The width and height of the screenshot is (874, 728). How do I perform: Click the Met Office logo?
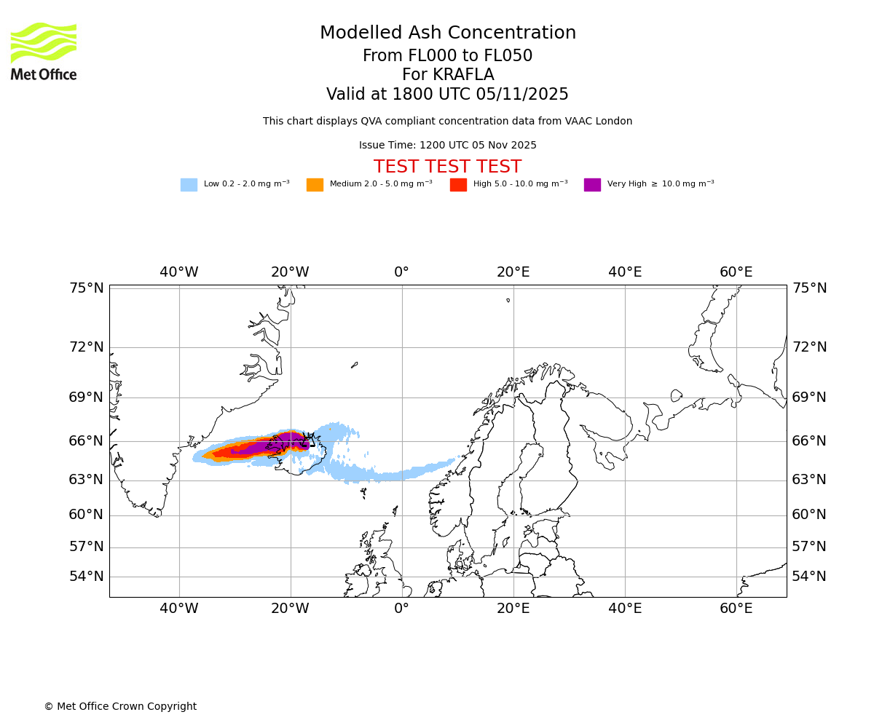pos(44,51)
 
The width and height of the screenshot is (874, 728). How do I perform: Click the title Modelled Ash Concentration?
pos(447,33)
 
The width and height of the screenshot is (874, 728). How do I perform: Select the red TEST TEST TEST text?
pos(447,167)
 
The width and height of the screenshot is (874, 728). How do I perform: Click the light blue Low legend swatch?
pos(189,185)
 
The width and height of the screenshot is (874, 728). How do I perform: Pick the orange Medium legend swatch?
pos(315,185)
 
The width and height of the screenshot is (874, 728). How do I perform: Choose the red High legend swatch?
pos(458,185)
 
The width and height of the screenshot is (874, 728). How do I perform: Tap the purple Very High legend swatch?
pos(592,185)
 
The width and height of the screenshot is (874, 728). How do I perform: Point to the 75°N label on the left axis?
pos(87,288)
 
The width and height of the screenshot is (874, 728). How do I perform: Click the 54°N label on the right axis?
pos(809,577)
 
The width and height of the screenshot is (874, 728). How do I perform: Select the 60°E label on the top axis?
pos(736,272)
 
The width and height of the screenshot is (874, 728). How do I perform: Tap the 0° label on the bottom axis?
pos(401,609)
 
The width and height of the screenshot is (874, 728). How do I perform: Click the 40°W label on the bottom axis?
pos(179,609)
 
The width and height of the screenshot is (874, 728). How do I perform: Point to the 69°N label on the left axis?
pos(87,397)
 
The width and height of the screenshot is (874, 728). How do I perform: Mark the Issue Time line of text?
pos(447,146)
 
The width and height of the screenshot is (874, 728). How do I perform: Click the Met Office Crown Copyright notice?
pos(120,707)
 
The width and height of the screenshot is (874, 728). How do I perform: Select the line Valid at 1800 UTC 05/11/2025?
pos(447,95)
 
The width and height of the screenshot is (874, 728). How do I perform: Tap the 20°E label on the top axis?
pos(513,272)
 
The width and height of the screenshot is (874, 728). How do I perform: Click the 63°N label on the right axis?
pos(809,480)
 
